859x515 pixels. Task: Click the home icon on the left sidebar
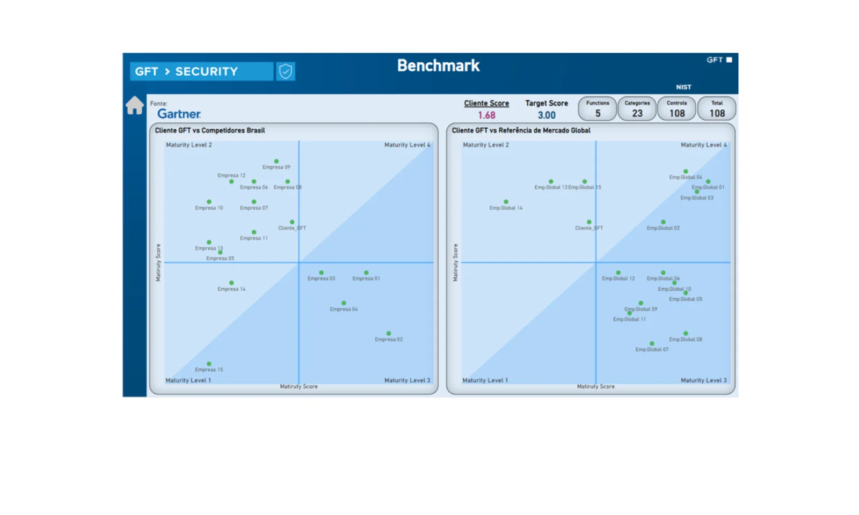coord(135,105)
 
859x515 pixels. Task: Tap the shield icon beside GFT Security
coord(286,71)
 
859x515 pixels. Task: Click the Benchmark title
coord(438,65)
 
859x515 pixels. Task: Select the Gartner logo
coord(179,114)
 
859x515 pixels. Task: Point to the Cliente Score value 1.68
coord(486,115)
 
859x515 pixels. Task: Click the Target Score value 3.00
coord(547,115)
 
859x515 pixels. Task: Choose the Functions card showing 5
coord(598,109)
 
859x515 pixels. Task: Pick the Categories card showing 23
coord(637,109)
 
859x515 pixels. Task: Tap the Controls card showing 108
coord(677,109)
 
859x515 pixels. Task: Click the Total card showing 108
coord(717,109)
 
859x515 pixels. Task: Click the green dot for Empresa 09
coord(276,161)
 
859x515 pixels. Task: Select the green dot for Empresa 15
coord(209,364)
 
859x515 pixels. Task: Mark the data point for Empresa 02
coord(389,333)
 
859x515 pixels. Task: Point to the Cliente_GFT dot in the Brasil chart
coord(292,222)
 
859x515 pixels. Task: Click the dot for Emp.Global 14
coord(506,202)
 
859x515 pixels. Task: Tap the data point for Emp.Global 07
coord(652,343)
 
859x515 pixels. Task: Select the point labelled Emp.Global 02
coord(663,222)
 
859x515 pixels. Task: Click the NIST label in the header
coord(683,87)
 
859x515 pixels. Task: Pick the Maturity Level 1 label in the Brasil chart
coord(188,380)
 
